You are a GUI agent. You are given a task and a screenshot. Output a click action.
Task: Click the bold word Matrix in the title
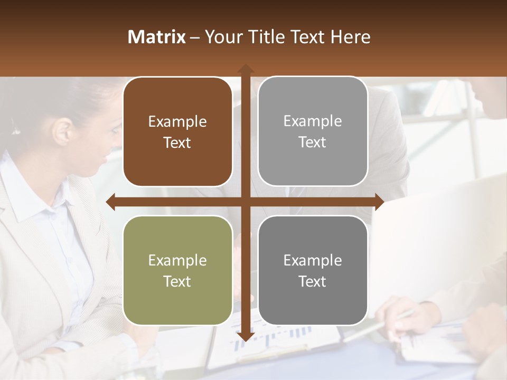point(157,37)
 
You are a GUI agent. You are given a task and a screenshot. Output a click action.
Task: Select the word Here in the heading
point(351,37)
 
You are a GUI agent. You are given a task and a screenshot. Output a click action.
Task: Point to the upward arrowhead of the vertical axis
point(246,69)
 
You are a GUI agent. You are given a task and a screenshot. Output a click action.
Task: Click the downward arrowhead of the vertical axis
point(246,336)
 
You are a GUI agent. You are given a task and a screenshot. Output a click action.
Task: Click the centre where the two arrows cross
point(246,202)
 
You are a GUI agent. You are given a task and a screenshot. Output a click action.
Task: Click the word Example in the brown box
point(177,122)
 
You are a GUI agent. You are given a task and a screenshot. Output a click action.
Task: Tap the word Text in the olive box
point(177,281)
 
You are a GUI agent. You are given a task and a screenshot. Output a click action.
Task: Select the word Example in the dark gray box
point(313,260)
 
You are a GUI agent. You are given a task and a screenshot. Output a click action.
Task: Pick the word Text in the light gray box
point(313,142)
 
